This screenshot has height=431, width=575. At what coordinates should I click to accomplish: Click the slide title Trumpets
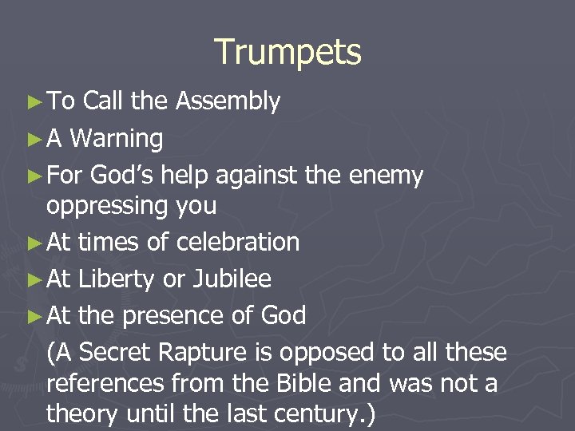pos(287,53)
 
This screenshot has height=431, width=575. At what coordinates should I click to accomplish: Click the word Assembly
pos(228,101)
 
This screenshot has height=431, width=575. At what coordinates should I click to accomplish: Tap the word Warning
pos(117,139)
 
